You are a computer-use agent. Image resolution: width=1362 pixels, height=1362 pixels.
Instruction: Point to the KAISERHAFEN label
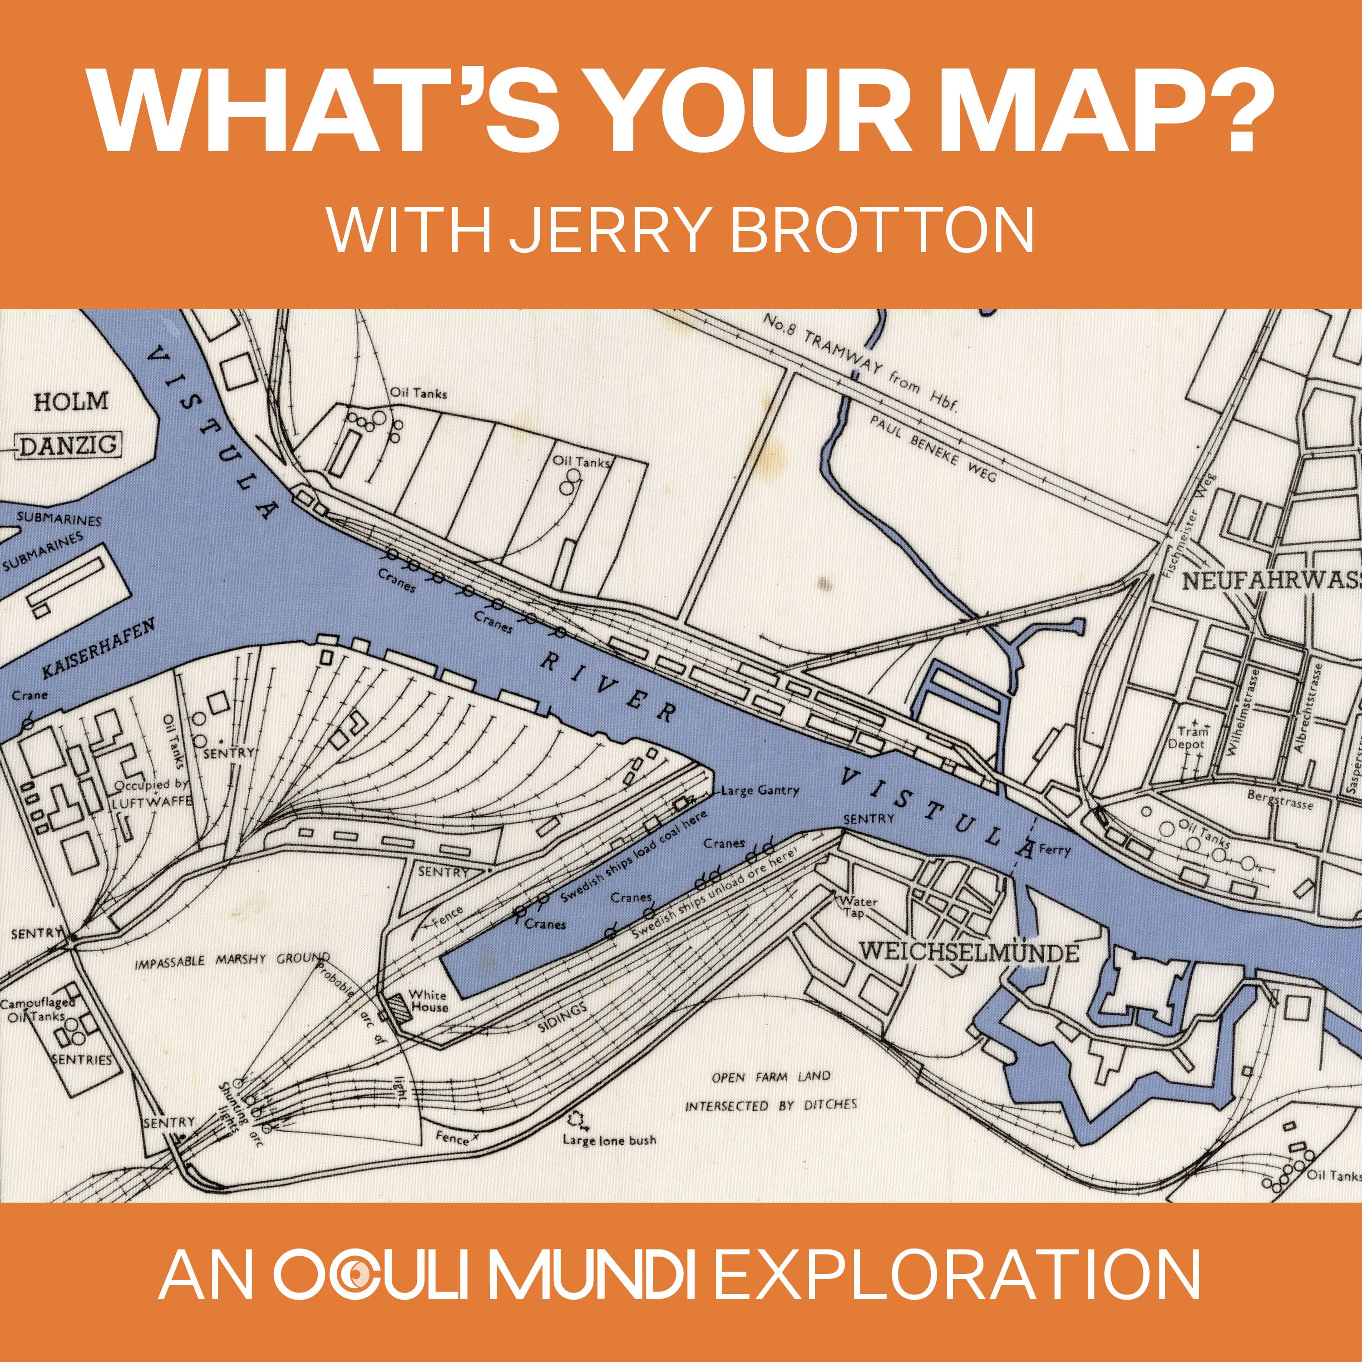tap(98, 649)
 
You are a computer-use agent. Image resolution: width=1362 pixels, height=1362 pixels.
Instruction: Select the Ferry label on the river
tap(1055, 850)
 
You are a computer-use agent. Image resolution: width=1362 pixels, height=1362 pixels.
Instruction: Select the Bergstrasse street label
tap(1279, 800)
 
